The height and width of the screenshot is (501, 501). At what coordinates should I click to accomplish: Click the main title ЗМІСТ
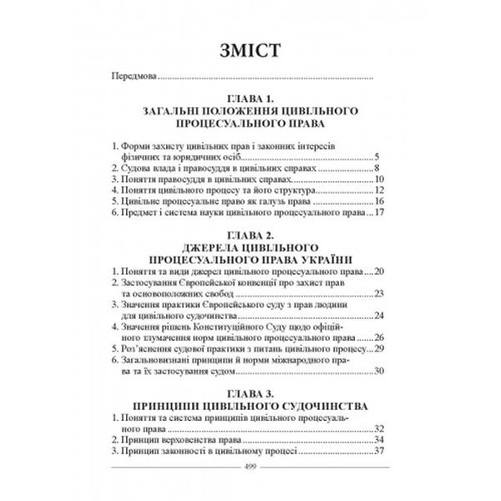(250, 49)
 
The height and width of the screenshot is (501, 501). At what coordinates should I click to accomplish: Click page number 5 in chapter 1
(378, 156)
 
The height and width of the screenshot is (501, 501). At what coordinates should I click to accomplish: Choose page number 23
(378, 293)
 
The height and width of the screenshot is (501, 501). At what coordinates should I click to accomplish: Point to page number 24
(378, 315)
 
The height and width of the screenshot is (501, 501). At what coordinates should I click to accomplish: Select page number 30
(378, 370)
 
